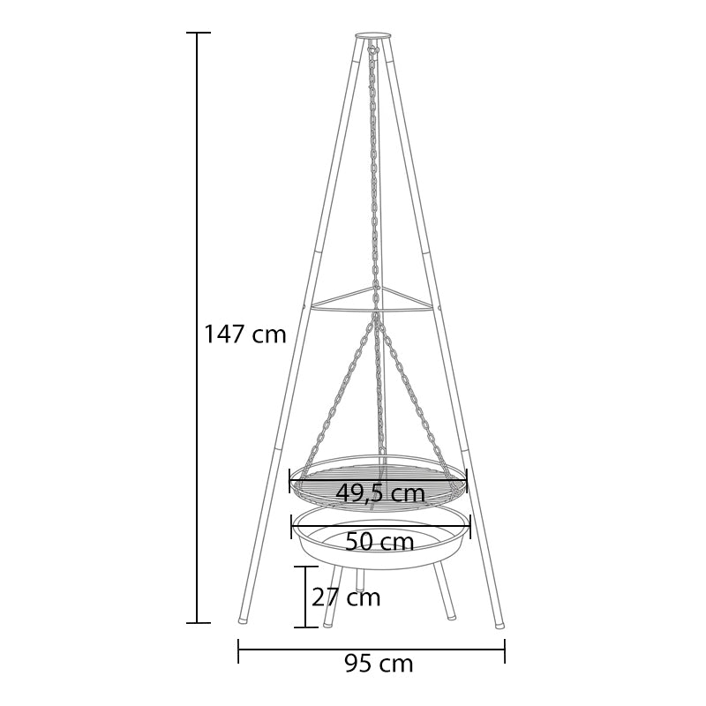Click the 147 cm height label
[245, 334]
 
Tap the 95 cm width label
[379, 664]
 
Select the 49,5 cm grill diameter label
[380, 493]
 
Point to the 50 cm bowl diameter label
[379, 542]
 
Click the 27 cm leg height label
[346, 597]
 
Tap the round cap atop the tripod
[372, 35]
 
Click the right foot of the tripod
[499, 625]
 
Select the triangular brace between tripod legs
[372, 298]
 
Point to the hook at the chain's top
[372, 47]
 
